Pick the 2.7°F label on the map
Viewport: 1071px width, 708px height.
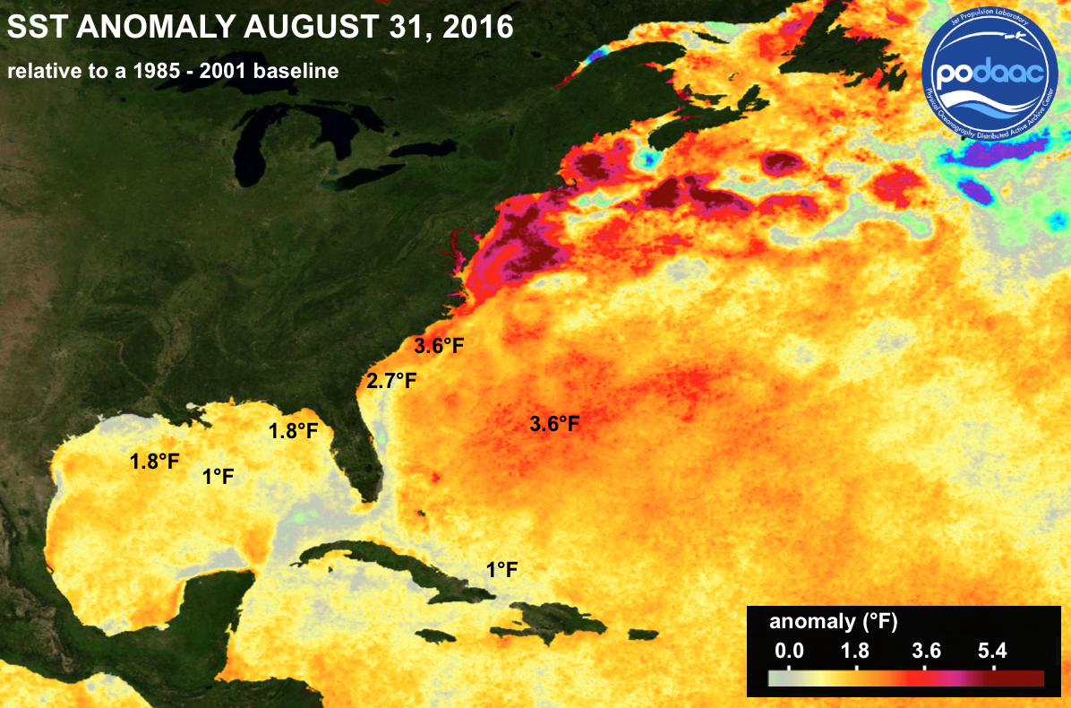click(x=392, y=381)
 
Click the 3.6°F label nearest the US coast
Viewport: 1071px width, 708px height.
click(x=439, y=345)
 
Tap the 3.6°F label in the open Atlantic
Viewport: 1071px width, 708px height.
click(x=555, y=424)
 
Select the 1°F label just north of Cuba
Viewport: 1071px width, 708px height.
click(x=502, y=569)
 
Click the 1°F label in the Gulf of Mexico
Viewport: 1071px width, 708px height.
click(x=218, y=477)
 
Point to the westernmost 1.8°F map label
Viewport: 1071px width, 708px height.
click(x=155, y=462)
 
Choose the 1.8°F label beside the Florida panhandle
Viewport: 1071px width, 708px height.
click(x=294, y=431)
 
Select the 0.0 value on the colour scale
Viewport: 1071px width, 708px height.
click(x=788, y=651)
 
